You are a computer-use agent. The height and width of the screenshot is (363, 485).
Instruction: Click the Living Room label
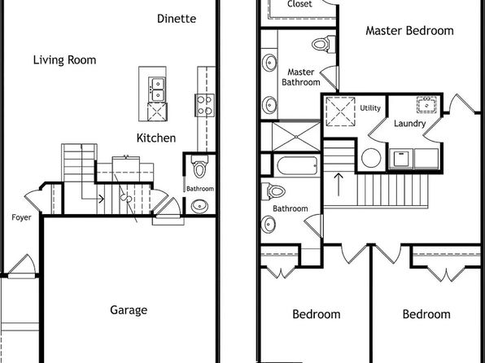64,59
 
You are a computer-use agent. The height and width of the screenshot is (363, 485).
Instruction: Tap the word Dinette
177,19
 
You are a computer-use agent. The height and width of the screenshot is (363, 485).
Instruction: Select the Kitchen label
156,138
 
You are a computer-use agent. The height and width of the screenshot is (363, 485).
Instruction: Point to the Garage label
129,310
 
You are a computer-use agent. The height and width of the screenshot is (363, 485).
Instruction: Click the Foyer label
21,217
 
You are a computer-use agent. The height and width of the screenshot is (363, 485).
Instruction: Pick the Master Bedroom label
409,31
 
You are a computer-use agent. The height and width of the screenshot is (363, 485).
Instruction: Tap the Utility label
370,108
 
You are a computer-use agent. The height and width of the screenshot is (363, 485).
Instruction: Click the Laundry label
410,124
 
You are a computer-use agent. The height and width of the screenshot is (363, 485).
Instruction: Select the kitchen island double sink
157,90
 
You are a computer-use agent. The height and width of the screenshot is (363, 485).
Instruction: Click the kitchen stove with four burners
204,105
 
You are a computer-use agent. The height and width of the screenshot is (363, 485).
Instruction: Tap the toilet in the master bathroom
324,44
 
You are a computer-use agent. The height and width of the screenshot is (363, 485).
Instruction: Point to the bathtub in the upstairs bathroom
297,165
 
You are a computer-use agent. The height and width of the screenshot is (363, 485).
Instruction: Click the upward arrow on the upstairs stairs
339,185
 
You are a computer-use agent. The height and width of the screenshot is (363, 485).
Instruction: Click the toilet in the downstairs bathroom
200,166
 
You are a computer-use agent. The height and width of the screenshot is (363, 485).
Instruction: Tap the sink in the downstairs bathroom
199,206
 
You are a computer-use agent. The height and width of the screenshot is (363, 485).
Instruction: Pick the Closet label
299,4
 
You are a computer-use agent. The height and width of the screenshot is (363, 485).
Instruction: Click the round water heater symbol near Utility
371,158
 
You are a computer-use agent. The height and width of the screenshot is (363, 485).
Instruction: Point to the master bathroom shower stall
296,137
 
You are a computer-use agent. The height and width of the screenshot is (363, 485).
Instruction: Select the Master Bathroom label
300,77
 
